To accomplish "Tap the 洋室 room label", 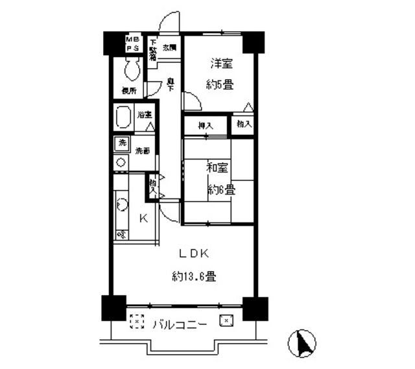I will [x=220, y=64].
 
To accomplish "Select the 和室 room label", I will [x=217, y=168].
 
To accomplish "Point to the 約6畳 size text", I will [x=221, y=190].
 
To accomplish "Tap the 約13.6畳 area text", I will [x=194, y=276].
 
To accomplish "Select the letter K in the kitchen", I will [x=143, y=218].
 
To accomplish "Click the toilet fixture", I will [x=134, y=67].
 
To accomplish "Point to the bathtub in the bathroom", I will [x=124, y=119].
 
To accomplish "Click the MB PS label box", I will [x=134, y=43].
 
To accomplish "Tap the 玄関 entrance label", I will [x=169, y=47].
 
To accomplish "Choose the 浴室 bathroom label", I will [x=144, y=115].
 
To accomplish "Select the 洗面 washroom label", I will [x=142, y=151].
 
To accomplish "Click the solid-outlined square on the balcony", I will [x=226, y=320].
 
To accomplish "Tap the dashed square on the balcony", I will [x=136, y=322].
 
